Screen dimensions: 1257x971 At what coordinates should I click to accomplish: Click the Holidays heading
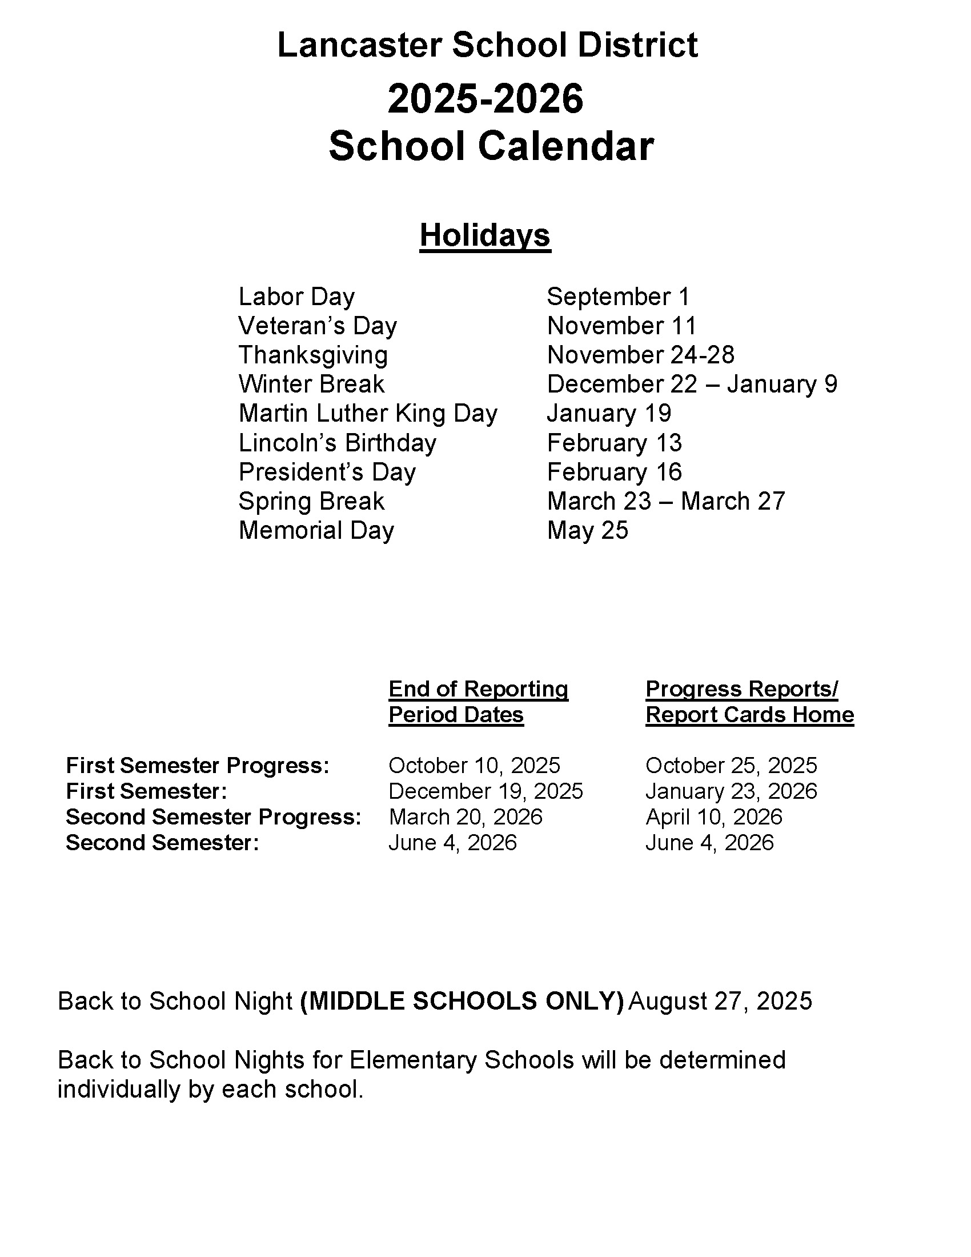pos(485,235)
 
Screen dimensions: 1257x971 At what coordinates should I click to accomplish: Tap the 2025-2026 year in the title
pos(485,98)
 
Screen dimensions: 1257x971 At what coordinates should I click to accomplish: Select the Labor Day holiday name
pos(296,297)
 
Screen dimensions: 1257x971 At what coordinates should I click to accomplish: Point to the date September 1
pos(618,297)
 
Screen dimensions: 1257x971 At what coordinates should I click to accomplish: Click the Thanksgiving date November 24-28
pos(640,355)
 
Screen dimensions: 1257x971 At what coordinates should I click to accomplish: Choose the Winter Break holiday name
pos(311,385)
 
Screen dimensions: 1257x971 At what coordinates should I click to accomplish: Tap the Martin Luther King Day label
pos(368,414)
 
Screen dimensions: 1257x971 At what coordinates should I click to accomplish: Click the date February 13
pos(614,443)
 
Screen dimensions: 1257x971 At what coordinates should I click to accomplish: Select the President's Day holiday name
pos(327,473)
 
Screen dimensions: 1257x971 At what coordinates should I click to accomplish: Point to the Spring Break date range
pos(665,501)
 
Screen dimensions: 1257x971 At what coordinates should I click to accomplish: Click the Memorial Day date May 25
pos(587,531)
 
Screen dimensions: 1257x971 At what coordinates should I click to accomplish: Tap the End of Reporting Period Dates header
pos(478,702)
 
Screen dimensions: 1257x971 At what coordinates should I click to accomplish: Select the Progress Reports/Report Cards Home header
pos(749,702)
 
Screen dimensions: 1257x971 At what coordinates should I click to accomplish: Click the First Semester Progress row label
pos(197,766)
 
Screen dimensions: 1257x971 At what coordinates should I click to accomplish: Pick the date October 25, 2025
pos(731,766)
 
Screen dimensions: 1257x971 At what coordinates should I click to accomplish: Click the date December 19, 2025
pos(485,791)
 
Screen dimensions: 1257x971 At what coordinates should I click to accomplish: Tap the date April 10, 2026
pos(713,817)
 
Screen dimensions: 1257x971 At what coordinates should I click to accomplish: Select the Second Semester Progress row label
pos(214,817)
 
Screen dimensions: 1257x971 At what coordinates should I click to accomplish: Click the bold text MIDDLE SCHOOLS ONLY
pos(462,1002)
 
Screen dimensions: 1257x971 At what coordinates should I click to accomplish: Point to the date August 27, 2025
pos(720,1002)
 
